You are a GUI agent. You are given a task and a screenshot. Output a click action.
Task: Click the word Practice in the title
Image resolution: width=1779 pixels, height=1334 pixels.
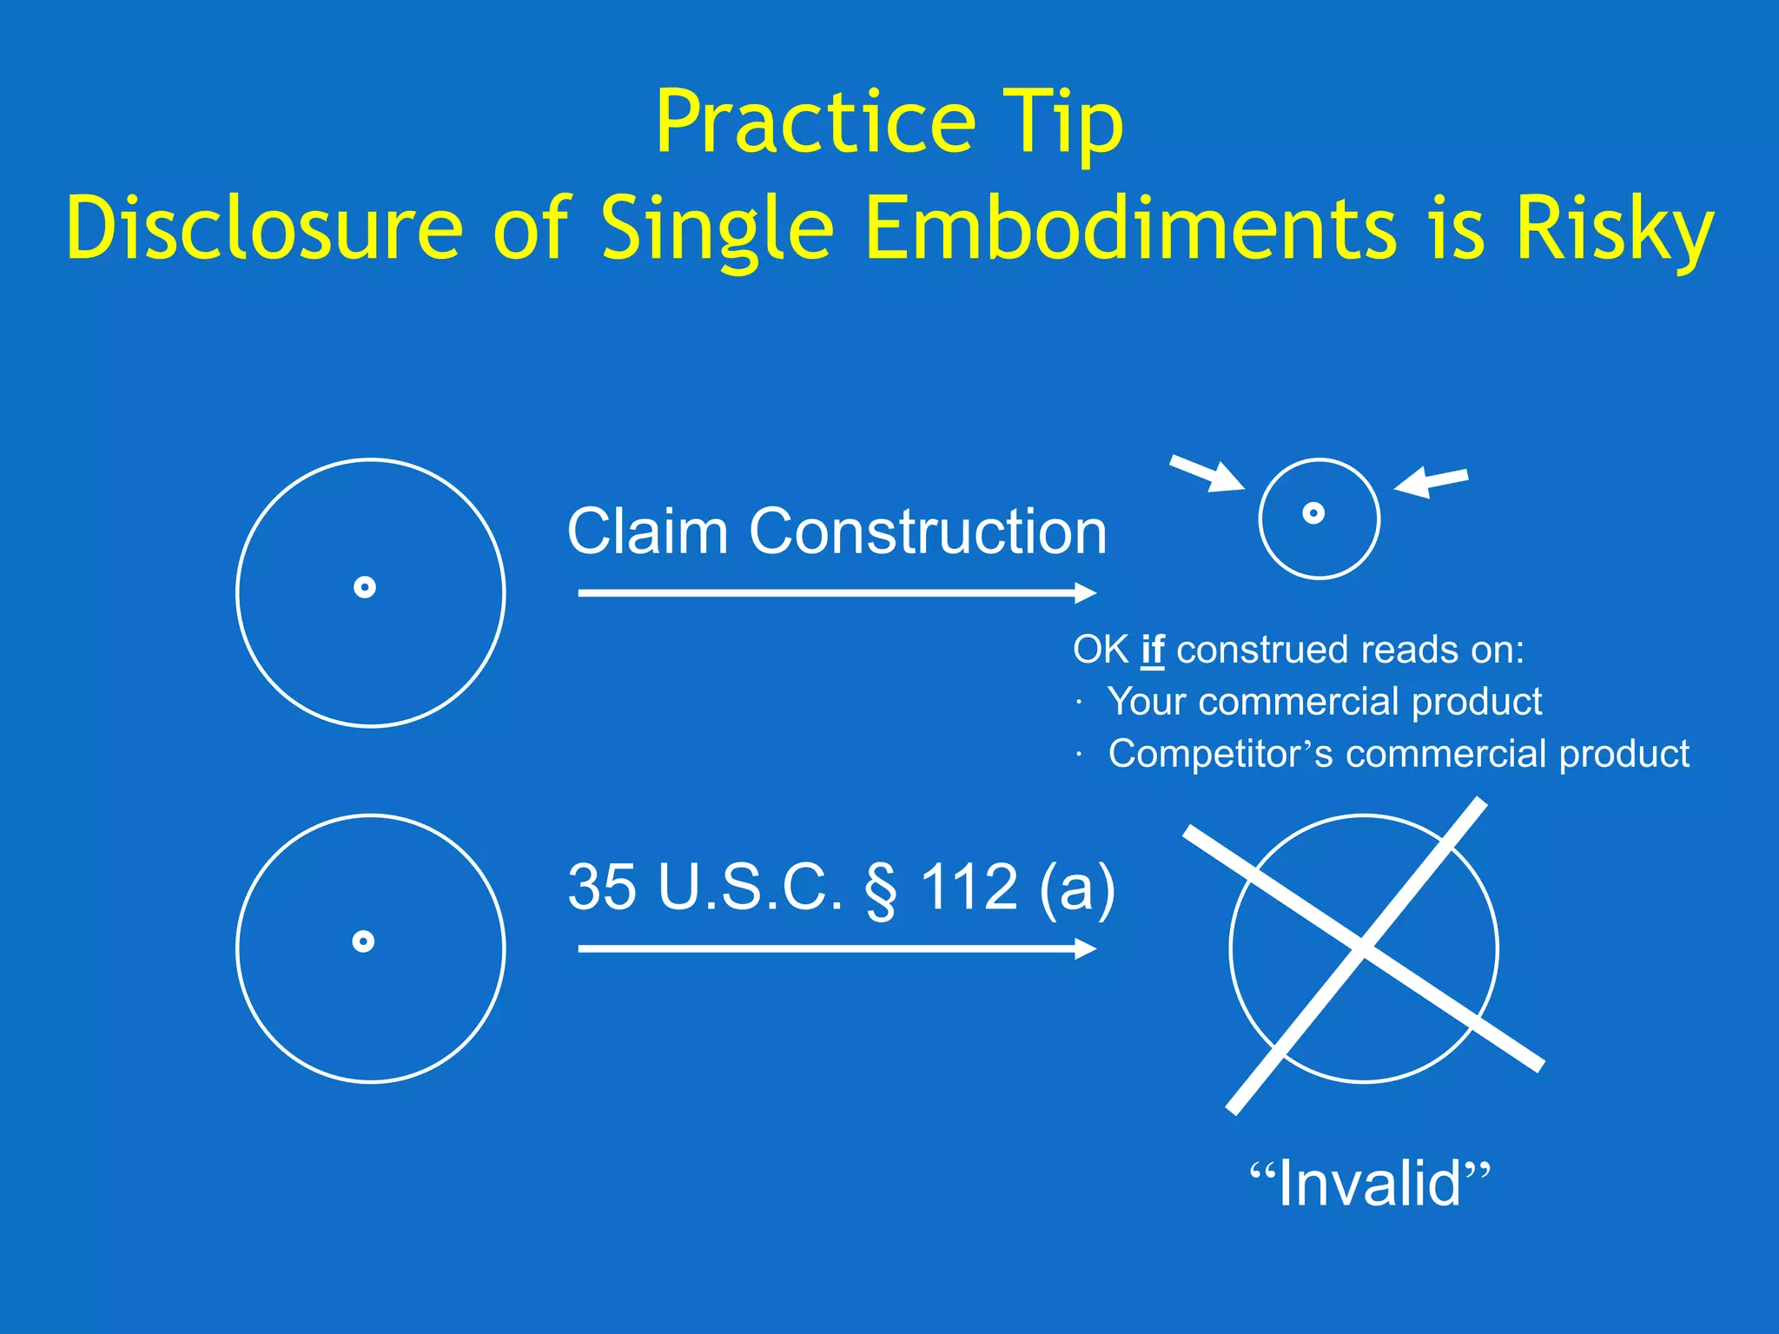tap(815, 122)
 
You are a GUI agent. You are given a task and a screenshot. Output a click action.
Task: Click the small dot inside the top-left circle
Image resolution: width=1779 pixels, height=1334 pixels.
tap(365, 588)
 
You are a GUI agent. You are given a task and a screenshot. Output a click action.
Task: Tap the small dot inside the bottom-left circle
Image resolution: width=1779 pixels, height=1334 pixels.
tap(363, 941)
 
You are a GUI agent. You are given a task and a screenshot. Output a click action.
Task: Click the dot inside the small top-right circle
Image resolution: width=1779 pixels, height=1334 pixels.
tap(1313, 513)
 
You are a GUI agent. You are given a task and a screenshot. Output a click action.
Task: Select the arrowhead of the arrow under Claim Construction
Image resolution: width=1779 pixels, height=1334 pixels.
tap(1086, 593)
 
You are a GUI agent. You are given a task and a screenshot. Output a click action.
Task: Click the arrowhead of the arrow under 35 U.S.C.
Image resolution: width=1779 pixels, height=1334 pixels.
tap(1086, 948)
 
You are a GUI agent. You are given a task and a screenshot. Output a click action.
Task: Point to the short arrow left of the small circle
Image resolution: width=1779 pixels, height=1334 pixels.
tap(1207, 474)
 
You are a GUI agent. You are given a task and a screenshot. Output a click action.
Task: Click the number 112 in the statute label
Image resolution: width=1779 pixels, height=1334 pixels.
tap(969, 887)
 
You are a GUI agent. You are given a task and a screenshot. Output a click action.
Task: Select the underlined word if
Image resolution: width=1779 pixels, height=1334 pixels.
tap(1152, 650)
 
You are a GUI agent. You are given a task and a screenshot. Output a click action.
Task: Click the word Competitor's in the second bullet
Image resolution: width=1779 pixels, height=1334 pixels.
tap(1220, 754)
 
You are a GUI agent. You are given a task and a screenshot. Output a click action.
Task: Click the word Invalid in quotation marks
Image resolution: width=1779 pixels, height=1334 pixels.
tap(1370, 1184)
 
